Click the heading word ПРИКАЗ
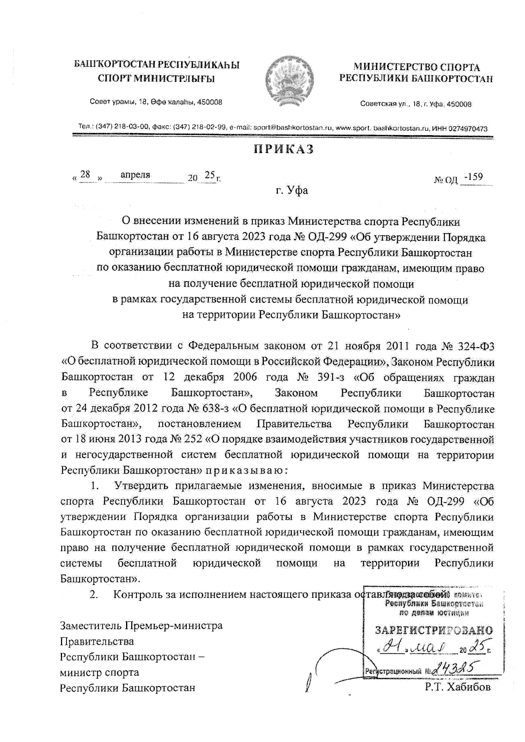(284, 150)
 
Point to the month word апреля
(135, 175)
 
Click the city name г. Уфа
(292, 190)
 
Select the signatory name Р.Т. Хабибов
(457, 687)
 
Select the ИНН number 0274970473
(468, 129)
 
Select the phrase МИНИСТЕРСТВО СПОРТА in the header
(416, 67)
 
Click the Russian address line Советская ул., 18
(416, 104)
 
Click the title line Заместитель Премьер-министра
(141, 626)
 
